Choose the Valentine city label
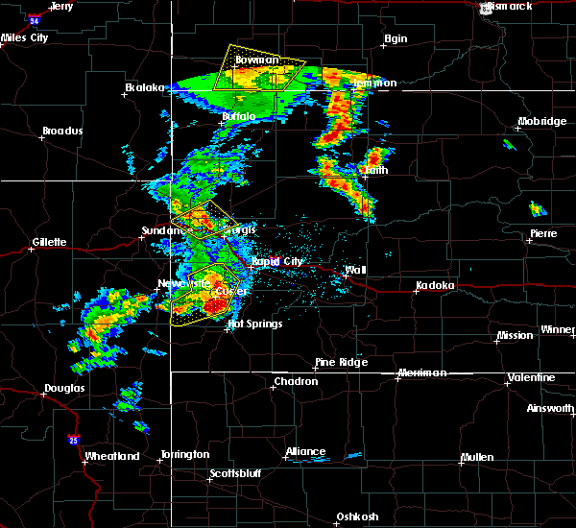531,377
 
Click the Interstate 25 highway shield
74,440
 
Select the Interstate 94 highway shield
35,18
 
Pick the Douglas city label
63,389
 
